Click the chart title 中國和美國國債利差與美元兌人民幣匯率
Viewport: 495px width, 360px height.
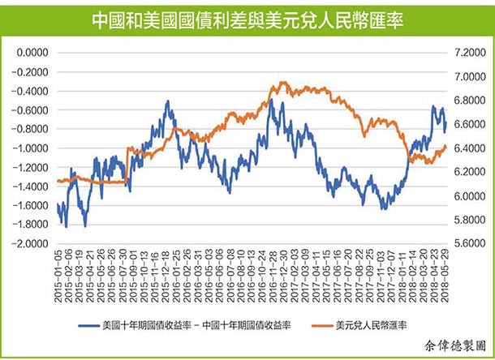point(247,17)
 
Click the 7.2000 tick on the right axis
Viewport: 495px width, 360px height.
point(470,52)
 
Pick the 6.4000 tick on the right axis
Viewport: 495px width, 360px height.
point(470,148)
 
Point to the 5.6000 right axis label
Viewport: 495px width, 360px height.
point(470,243)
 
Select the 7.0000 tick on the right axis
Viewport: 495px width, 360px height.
point(470,76)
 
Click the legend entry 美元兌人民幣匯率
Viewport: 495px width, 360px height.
point(375,325)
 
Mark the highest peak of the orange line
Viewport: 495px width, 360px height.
point(273,83)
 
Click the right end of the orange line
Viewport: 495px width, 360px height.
point(446,146)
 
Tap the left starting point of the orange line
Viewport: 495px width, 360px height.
point(58,182)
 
